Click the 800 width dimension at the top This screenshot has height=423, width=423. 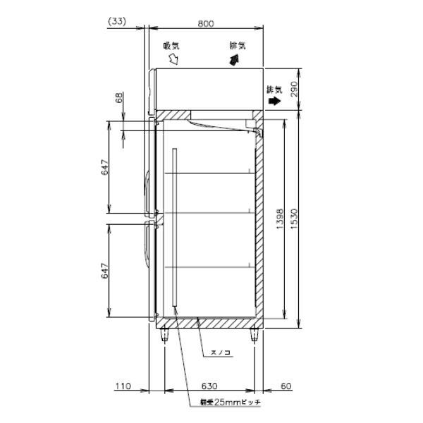(205, 23)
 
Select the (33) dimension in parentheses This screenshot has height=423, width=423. (117, 22)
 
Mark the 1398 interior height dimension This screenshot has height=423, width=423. (279, 219)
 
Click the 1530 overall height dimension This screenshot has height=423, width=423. (295, 219)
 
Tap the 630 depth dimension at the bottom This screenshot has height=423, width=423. (209, 386)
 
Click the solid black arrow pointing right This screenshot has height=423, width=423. (273, 102)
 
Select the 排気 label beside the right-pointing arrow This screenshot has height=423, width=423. (274, 89)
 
